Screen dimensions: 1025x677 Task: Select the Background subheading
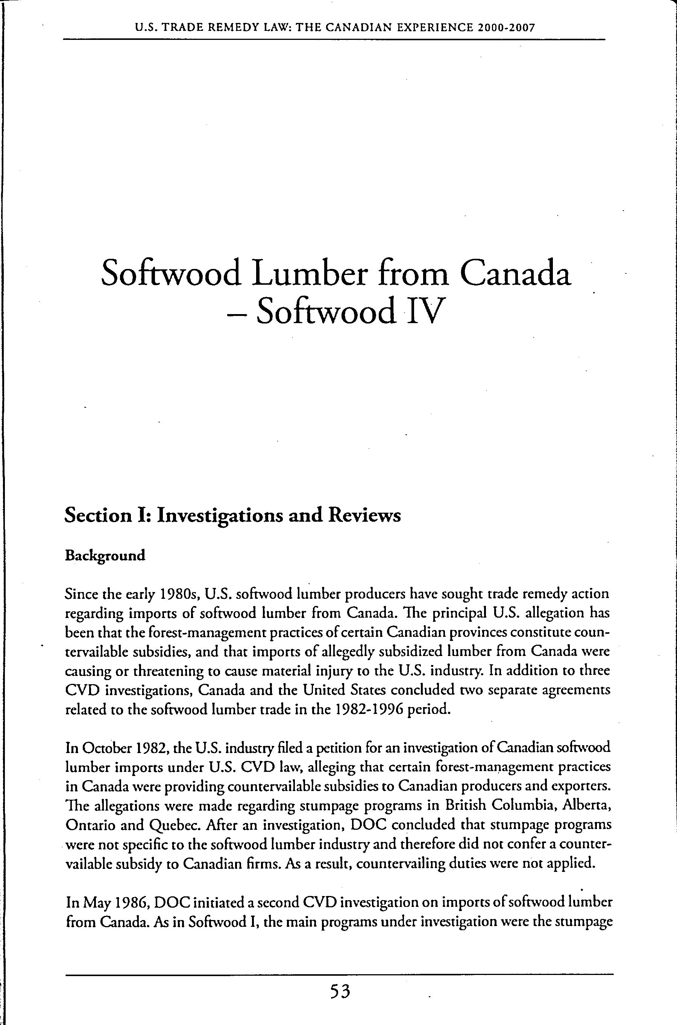(x=105, y=555)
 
